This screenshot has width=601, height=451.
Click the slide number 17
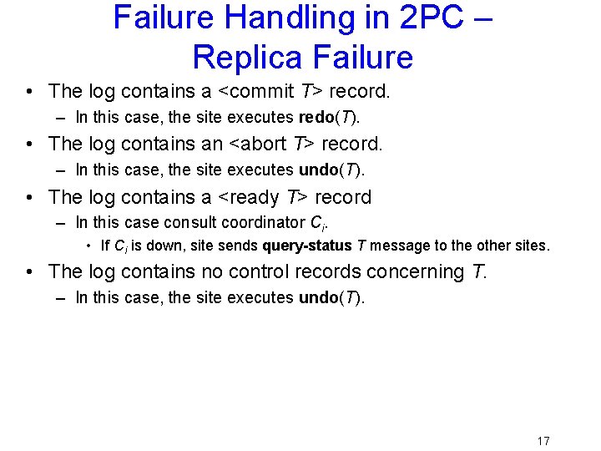point(543,441)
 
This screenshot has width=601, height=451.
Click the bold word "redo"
point(316,117)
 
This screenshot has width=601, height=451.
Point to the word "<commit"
point(256,91)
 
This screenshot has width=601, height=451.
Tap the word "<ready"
point(249,198)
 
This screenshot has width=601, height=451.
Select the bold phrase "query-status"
point(307,246)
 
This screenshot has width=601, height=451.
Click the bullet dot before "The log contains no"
point(29,272)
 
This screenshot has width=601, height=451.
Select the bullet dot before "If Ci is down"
point(88,246)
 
